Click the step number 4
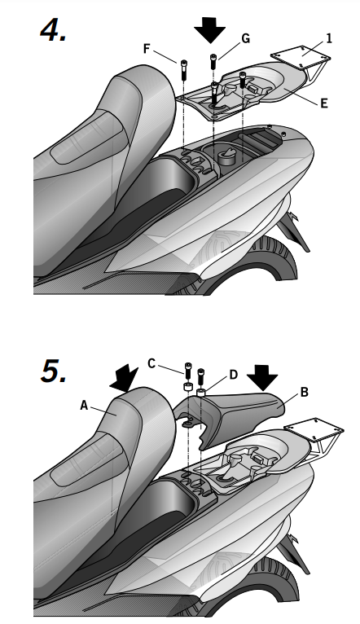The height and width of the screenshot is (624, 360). click(53, 31)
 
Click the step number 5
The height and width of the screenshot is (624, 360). click(53, 371)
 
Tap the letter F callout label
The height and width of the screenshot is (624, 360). click(147, 49)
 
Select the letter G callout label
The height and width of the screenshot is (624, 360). click(246, 38)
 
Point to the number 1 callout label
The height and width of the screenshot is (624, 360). click(328, 38)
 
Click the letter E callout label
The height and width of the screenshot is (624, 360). click(324, 103)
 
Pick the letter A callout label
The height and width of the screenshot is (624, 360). click(84, 406)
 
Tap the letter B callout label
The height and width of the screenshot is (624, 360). click(305, 392)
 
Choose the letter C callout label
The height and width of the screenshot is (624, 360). click(151, 363)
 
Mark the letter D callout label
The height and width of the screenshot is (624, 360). click(234, 375)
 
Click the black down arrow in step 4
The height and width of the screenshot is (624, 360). click(209, 30)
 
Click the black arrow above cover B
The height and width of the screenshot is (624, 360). click(262, 377)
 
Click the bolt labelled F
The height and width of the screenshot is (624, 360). click(183, 69)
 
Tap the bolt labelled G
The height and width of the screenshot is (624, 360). click(213, 62)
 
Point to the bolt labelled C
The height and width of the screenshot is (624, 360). click(188, 371)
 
